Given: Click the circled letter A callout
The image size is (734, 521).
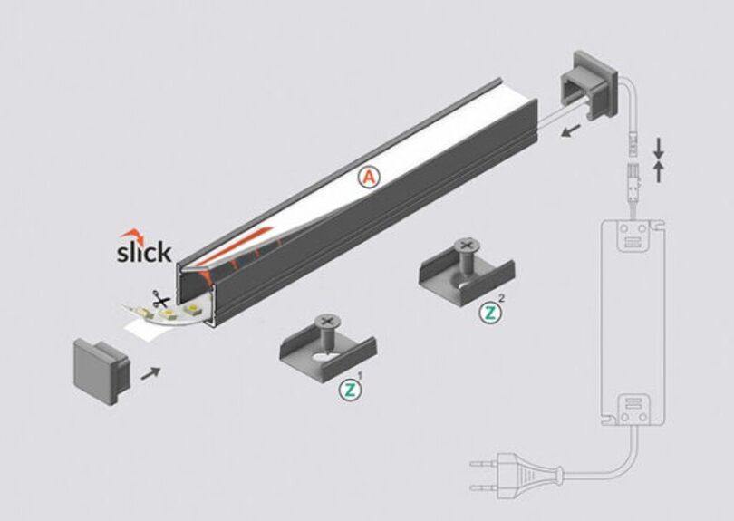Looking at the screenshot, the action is point(370,178).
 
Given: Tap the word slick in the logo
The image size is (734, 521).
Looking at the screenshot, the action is point(144,252).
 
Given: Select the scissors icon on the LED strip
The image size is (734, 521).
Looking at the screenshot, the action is point(161,299).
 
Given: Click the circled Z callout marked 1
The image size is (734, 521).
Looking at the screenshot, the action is point(350,390).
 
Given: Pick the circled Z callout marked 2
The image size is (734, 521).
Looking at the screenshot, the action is point(490,313).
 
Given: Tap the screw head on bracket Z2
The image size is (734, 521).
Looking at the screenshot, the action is point(465,246).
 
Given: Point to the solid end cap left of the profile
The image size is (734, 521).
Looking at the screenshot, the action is point(101,371).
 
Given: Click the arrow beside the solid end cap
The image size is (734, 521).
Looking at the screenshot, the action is point(150,373).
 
